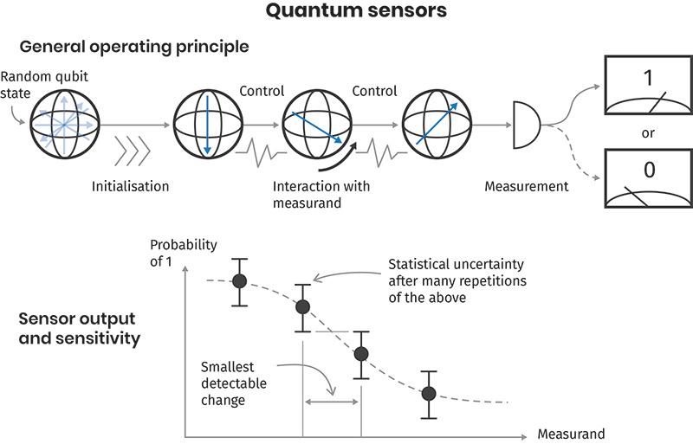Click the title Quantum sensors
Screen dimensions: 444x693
point(346,12)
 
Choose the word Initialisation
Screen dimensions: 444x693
point(130,186)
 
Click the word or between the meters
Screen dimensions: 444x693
point(647,133)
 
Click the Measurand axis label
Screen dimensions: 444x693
point(571,433)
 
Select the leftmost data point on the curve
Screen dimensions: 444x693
point(240,280)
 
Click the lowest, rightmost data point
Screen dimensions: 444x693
point(428,393)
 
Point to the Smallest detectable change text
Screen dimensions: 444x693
point(233,383)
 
